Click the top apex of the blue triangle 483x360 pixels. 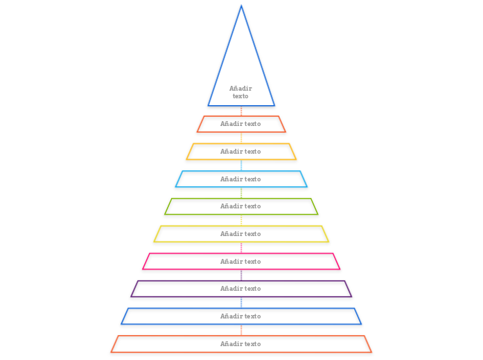pyautogui.click(x=241, y=6)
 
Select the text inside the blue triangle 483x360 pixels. pyautogui.click(x=240, y=92)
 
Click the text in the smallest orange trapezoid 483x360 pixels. pyautogui.click(x=240, y=124)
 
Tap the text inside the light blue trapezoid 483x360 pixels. pyautogui.click(x=240, y=179)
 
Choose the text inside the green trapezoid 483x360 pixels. pyautogui.click(x=240, y=206)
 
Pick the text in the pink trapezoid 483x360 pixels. pyautogui.click(x=240, y=262)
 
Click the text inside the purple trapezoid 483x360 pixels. pyautogui.click(x=240, y=289)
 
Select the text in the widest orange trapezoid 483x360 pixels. pyautogui.click(x=240, y=344)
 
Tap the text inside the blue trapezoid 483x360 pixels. pyautogui.click(x=240, y=316)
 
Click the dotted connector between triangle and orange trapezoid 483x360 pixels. pyautogui.click(x=241, y=111)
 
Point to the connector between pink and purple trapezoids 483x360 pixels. pyautogui.click(x=241, y=275)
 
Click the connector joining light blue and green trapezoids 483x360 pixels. pyautogui.click(x=241, y=192)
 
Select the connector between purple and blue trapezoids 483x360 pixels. pyautogui.click(x=241, y=303)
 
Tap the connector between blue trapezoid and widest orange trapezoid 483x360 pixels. pyautogui.click(x=241, y=330)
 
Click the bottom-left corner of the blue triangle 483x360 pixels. pyautogui.click(x=209, y=105)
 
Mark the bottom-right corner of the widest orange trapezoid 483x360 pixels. pyautogui.click(x=371, y=352)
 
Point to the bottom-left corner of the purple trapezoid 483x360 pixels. pyautogui.click(x=132, y=296)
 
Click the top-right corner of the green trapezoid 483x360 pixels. pyautogui.click(x=310, y=199)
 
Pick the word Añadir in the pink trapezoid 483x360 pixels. pyautogui.click(x=231, y=262)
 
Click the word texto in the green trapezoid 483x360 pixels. pyautogui.click(x=252, y=206)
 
